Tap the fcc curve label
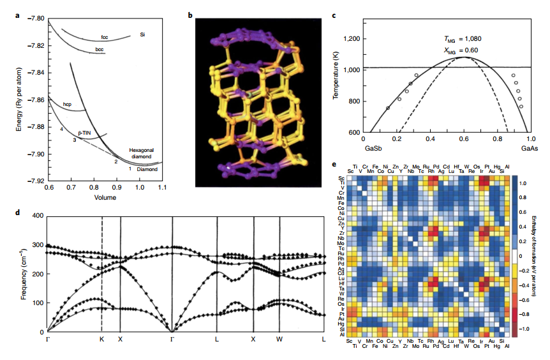[104, 37]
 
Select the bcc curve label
[99, 49]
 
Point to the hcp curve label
[67, 103]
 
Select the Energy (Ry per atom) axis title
[19, 100]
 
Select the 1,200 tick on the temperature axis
[353, 39]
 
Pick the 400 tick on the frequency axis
[36, 216]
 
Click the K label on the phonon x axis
[101, 339]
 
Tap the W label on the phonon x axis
[279, 339]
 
